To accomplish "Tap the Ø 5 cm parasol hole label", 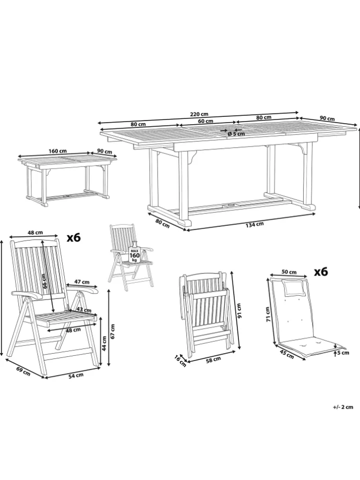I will tap(236, 134).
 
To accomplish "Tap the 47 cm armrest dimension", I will tap(82, 282).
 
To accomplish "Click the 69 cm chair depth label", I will tap(23, 371).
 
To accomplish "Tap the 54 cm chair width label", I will tap(77, 376).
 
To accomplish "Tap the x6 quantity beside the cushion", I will tap(321, 271).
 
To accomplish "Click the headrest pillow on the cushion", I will tap(292, 286).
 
